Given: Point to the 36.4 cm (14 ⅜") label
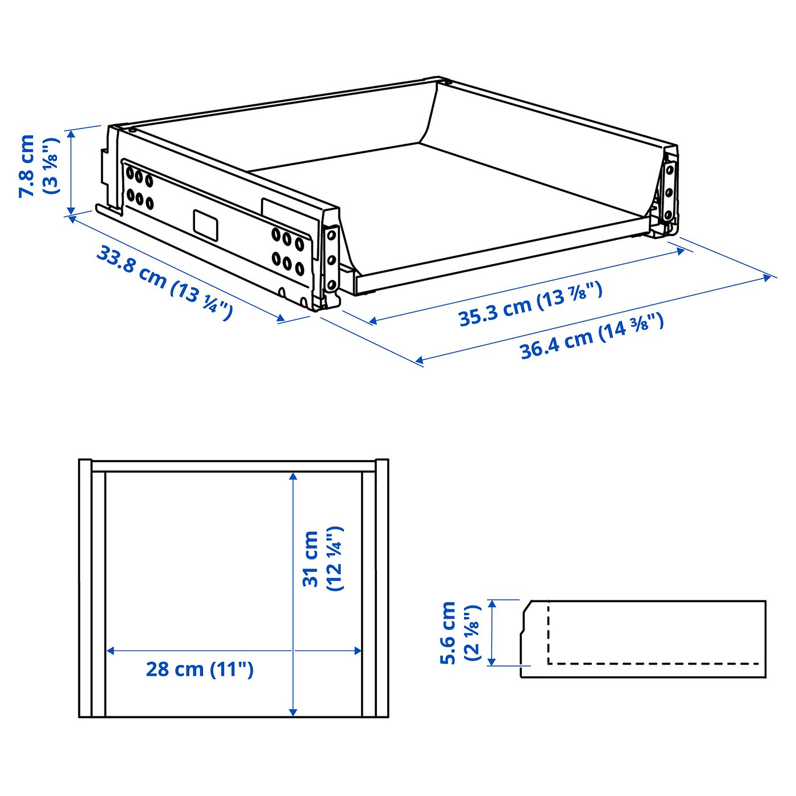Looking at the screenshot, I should point(591,337).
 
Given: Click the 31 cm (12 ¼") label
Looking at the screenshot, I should point(322,558).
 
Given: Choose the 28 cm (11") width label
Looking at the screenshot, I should point(199,669).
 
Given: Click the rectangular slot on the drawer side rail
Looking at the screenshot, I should point(205,224).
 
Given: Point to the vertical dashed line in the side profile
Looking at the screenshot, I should point(548,631).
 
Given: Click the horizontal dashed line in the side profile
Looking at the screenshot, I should point(654,664).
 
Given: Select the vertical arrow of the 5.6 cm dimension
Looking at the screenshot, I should point(492,632).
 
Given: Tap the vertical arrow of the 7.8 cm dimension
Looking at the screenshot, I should point(71,172).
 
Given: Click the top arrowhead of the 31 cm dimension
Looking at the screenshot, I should point(293,476).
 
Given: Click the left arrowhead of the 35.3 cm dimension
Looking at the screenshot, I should point(373,321).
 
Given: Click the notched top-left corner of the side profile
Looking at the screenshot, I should point(526,606).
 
